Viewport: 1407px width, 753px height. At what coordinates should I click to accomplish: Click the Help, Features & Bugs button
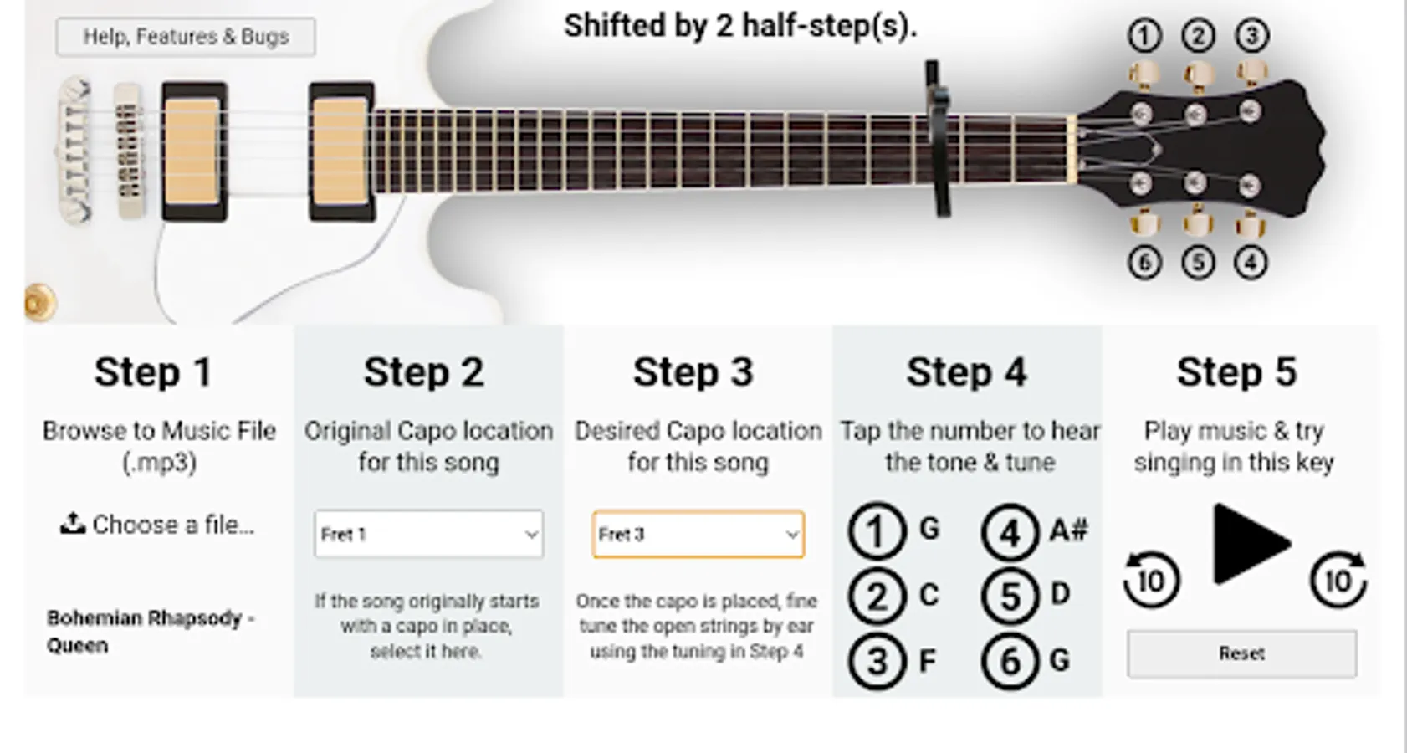tap(186, 37)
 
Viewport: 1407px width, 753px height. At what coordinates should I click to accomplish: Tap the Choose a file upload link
tap(157, 525)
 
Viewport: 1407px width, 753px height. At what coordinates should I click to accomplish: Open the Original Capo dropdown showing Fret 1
tap(428, 534)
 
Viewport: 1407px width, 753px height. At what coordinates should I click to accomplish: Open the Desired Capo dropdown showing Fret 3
tap(698, 535)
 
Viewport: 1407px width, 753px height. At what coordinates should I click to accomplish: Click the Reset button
tap(1242, 653)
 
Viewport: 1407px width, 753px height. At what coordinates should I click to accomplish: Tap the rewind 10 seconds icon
tap(1151, 579)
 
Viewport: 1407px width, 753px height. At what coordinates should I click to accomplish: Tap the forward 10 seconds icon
tap(1338, 579)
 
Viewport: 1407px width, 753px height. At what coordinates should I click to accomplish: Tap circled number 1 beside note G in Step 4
tap(877, 531)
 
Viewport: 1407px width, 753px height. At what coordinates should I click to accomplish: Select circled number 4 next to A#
tap(1010, 533)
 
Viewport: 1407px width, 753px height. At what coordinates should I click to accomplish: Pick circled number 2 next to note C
tap(877, 596)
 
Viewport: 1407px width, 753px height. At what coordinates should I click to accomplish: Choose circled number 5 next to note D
tap(1010, 596)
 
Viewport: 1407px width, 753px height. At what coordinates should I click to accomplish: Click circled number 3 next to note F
tap(877, 661)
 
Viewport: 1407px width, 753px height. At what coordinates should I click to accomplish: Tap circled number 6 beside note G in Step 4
tap(1010, 661)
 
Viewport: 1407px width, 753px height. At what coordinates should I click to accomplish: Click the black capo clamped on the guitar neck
tap(938, 138)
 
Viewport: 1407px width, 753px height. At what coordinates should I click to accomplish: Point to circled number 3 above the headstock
tap(1252, 35)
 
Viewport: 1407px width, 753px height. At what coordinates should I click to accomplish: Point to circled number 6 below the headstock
tap(1144, 263)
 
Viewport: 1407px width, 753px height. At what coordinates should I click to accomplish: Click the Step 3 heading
tap(693, 371)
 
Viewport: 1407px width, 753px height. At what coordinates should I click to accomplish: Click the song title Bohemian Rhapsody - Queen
tap(151, 632)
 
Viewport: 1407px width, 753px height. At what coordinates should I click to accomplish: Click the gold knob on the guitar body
tap(40, 302)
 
